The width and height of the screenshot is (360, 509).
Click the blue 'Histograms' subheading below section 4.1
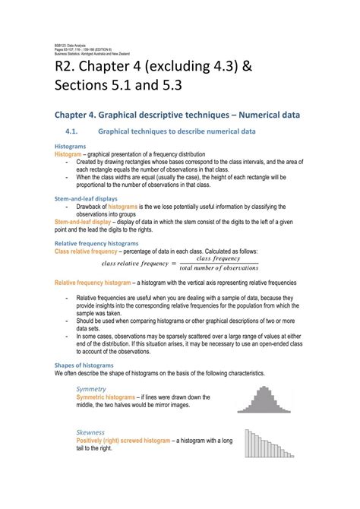click(70, 146)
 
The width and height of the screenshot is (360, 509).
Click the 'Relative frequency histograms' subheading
click(96, 243)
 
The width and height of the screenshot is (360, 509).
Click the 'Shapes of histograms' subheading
click(84, 365)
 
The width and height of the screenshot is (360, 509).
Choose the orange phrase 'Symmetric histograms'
click(104, 397)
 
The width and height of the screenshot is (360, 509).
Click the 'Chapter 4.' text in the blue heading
click(77, 114)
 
